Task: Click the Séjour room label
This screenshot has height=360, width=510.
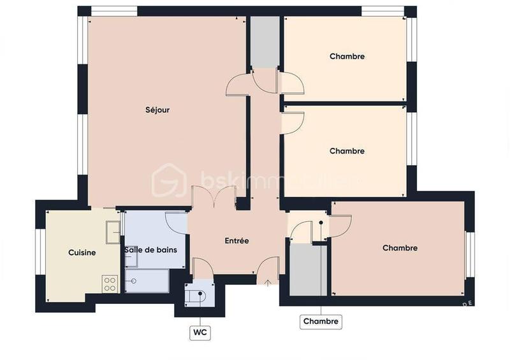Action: [x=157, y=110]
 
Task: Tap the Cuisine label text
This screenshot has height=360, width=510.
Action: [x=82, y=253]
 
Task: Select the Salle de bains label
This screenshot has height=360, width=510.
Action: [x=150, y=250]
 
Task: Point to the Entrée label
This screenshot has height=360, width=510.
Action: [x=237, y=241]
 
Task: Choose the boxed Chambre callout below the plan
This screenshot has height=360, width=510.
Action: [x=321, y=321]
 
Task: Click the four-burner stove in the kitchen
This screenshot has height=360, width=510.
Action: [x=110, y=284]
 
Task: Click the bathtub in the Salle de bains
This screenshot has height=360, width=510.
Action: [x=147, y=280]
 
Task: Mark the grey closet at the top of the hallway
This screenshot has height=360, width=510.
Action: [x=263, y=42]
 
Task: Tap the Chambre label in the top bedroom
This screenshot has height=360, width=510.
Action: [x=347, y=57]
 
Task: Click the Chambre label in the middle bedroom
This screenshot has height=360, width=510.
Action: [x=347, y=152]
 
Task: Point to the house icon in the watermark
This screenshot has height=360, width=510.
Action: [x=168, y=180]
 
